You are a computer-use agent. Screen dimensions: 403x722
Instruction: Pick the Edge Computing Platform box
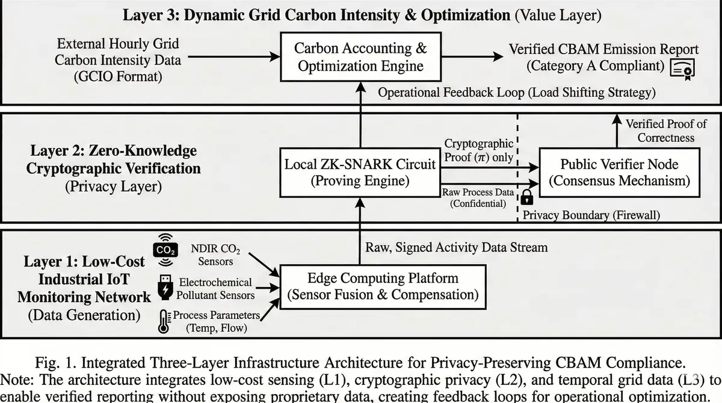[383, 287]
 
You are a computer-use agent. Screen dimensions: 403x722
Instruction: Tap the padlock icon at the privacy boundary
[527, 197]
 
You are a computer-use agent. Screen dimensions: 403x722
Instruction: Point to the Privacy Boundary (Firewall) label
[591, 214]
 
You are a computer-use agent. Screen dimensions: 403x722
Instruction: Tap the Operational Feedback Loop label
[517, 93]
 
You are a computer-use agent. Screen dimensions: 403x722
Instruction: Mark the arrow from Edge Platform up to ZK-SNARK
[360, 235]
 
